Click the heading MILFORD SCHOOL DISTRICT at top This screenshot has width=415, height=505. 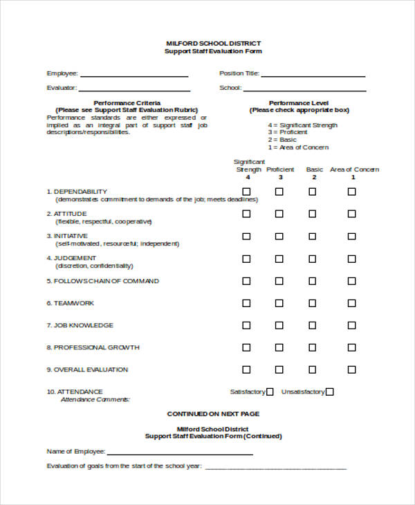tap(213, 43)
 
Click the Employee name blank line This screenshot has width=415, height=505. tap(134, 75)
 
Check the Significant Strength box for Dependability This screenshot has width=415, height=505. tap(246, 192)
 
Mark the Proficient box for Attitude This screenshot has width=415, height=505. tap(279, 214)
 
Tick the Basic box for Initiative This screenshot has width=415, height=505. tap(313, 236)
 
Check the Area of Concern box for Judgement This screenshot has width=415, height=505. tap(352, 259)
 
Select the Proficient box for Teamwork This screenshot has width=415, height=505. tap(279, 303)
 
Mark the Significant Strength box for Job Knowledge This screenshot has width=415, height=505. tap(246, 325)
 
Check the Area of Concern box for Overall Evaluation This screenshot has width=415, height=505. tap(352, 369)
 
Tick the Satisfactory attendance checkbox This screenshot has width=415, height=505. tap(270, 392)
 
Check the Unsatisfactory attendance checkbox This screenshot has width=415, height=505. tap(330, 392)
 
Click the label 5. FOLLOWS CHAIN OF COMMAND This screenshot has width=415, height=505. tap(102, 281)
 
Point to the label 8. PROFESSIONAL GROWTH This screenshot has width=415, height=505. tap(93, 347)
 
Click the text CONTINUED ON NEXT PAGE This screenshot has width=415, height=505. tap(213, 414)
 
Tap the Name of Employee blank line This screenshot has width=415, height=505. tap(181, 453)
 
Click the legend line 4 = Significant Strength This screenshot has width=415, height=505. tap(303, 125)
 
